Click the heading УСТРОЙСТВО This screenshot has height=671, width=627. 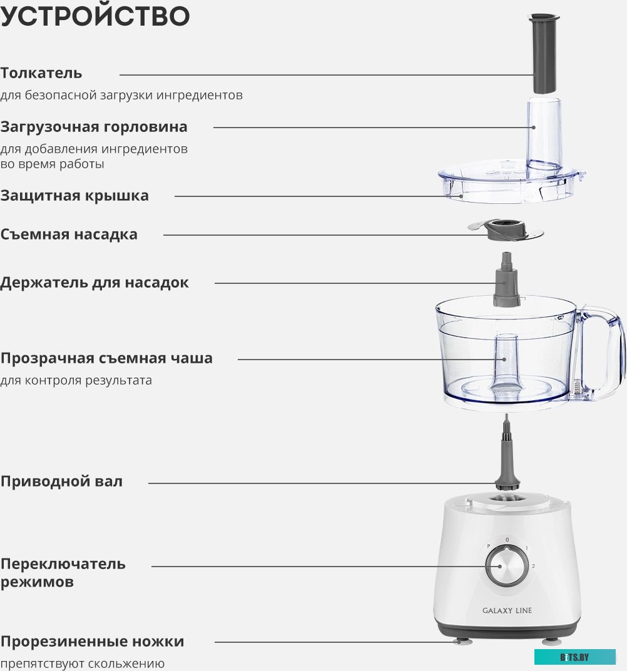[x=95, y=17]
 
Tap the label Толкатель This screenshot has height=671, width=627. [x=41, y=73]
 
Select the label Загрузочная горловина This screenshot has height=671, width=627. [x=94, y=127]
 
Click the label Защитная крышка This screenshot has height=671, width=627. [x=74, y=196]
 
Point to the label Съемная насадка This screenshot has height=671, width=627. [x=69, y=235]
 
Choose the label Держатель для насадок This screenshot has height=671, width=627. [x=94, y=283]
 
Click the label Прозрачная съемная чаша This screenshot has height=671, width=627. [x=106, y=358]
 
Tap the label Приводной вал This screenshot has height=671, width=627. [x=61, y=482]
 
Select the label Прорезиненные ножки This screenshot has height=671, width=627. [x=93, y=642]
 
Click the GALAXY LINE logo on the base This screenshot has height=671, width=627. [x=507, y=610]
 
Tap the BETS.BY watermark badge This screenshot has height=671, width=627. [x=574, y=657]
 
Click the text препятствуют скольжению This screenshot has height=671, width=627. [x=83, y=663]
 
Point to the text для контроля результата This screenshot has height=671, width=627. [x=76, y=380]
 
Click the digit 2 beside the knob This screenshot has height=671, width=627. [x=533, y=566]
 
